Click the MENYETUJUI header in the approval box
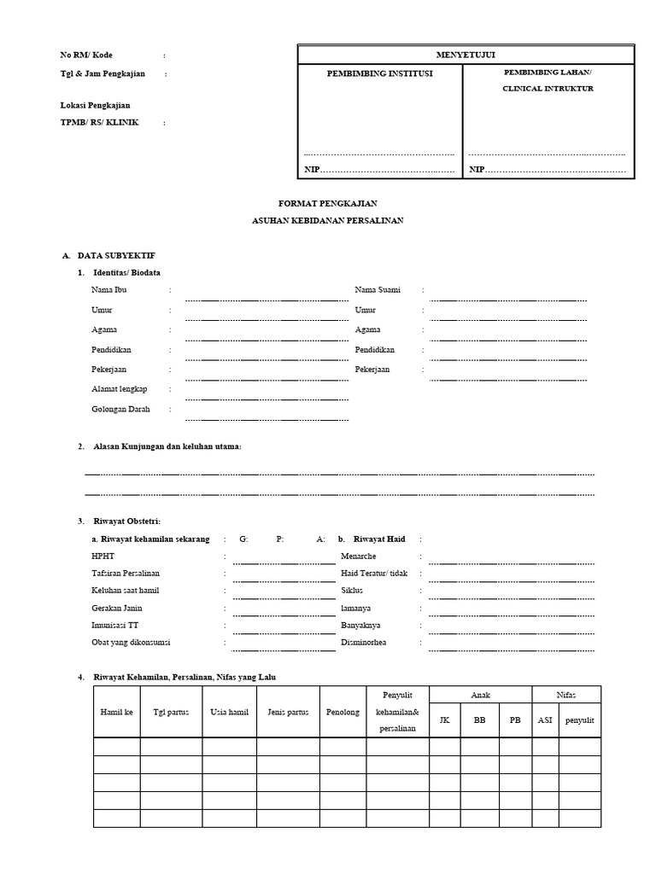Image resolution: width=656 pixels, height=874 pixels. coord(466,55)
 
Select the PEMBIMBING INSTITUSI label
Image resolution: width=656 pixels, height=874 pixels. coord(379,73)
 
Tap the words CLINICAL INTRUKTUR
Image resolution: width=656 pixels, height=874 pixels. coord(548,88)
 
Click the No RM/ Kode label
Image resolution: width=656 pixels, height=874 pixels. coord(85,55)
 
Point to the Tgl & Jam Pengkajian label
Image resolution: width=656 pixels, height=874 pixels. coord(102,73)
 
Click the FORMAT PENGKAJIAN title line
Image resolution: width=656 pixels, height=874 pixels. coord(328,203)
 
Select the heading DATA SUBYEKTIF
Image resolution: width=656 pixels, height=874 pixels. coord(116,255)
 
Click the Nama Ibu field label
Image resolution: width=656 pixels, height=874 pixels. coord(108,290)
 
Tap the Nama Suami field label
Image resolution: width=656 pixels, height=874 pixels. coord(378,290)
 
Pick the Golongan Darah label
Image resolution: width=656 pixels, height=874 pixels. coord(120,409)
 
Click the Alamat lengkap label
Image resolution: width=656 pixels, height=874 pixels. coord(119,389)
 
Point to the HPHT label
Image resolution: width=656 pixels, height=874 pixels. coord(102,555)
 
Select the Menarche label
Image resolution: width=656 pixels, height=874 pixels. coord(359,556)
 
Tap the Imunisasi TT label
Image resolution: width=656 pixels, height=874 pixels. coord(115,625)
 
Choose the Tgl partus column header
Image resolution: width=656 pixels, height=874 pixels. coord(171,712)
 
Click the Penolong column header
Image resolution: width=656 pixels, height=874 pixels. coord(343,712)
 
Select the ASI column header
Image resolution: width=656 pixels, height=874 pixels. coord(544,720)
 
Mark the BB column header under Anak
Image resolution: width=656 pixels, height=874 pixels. coord(479,720)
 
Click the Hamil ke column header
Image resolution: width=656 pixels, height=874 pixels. coord(116,712)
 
